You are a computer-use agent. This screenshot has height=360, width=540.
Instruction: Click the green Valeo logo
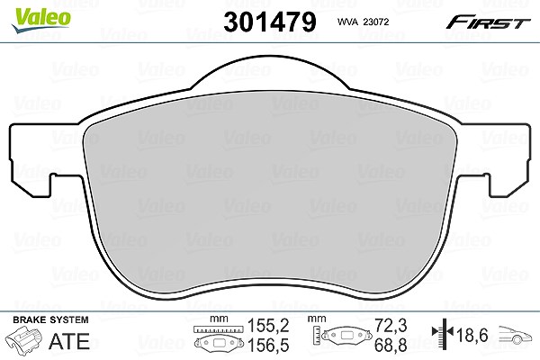click(41, 20)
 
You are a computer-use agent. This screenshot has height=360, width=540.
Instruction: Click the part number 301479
click(270, 22)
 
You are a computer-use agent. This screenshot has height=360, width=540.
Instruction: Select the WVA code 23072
click(376, 22)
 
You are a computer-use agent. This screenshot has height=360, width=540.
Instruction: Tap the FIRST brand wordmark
click(488, 22)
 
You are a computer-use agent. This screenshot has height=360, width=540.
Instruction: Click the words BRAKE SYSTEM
click(50, 319)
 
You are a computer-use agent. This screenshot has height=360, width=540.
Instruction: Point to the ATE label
click(69, 341)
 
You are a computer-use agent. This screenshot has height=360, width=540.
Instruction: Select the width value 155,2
click(268, 326)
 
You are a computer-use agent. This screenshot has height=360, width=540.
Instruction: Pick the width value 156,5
click(268, 346)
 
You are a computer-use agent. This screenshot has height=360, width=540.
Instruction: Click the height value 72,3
click(391, 326)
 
